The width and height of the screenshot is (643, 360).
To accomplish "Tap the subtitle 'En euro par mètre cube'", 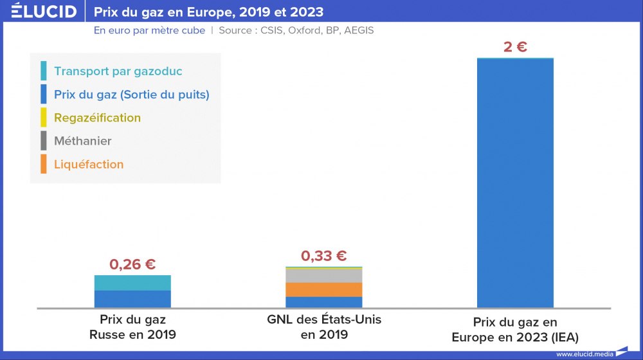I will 149,30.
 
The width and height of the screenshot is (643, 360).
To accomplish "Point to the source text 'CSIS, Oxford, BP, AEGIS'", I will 317,30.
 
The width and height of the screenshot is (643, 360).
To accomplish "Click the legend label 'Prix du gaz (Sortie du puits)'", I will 132,94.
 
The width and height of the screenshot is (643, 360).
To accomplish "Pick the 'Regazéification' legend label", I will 98,118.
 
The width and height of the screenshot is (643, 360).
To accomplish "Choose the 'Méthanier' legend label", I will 83,141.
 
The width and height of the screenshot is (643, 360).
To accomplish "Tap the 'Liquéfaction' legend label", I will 89,164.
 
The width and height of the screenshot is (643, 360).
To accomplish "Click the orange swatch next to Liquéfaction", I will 43,164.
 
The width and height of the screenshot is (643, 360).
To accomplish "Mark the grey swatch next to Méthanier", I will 43,141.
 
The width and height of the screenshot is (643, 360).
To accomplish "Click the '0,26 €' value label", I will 132,264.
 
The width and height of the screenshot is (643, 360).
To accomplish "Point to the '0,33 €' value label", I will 324,256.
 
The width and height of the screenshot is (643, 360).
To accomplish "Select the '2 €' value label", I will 515,47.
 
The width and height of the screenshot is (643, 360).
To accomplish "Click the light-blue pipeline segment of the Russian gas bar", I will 132,283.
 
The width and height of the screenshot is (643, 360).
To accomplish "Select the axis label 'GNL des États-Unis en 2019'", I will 324,327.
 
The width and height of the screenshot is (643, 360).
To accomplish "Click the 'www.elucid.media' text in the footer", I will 584,354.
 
